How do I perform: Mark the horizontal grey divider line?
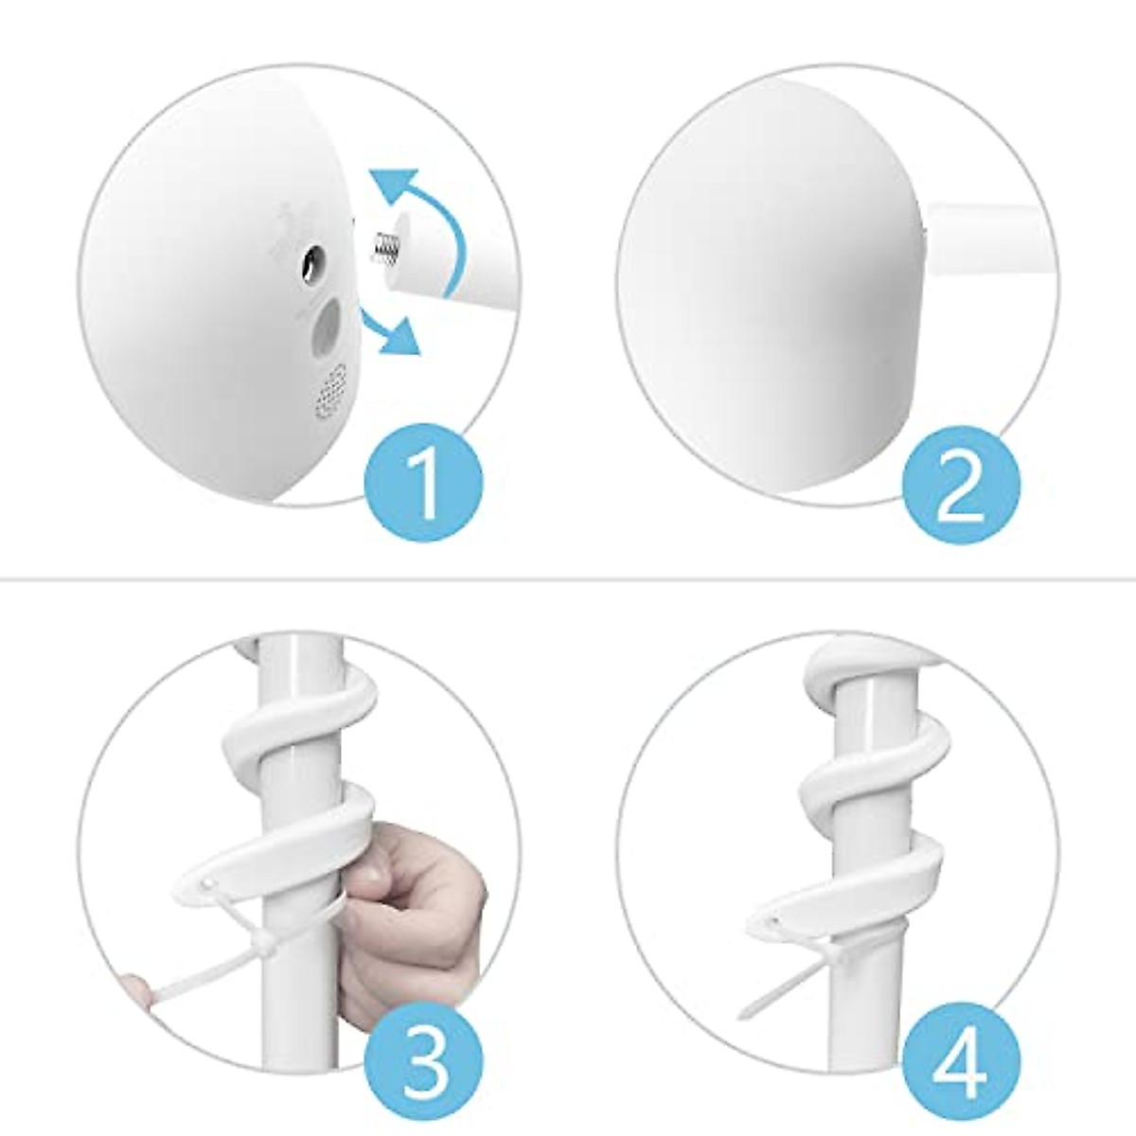click(x=568, y=577)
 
